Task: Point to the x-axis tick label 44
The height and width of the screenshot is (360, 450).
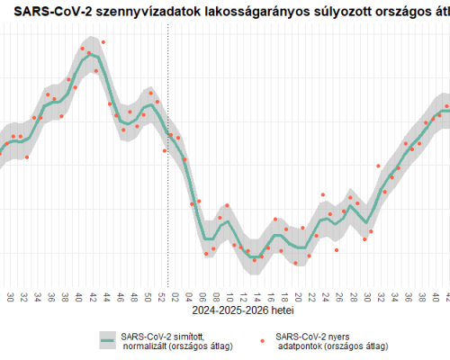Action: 106,296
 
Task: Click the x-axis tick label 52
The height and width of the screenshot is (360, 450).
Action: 161,296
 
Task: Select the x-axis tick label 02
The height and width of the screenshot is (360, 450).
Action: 175,296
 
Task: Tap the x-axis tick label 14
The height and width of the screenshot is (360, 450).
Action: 257,296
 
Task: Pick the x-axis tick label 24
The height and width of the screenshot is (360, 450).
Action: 326,296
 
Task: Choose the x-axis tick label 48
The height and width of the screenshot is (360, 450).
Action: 133,296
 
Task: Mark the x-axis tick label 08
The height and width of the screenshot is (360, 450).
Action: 216,296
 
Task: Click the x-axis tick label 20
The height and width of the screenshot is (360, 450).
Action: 299,296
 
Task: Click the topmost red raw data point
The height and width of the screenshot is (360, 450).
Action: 103,42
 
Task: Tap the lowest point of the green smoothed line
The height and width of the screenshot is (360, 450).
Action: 256,257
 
